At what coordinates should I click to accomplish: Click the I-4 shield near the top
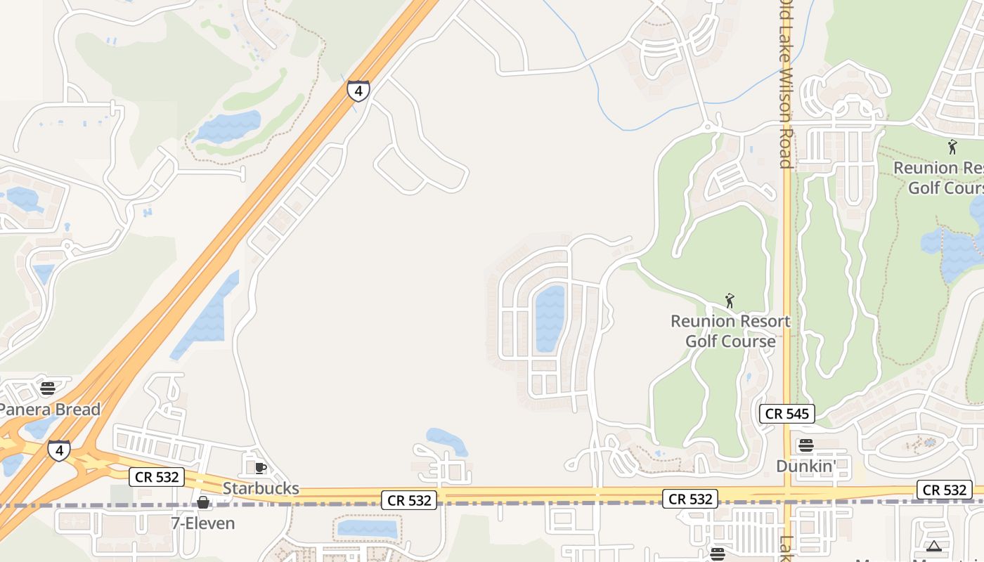point(358,91)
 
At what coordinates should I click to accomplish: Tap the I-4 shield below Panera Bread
point(59,450)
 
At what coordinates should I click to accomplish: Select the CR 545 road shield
point(787,414)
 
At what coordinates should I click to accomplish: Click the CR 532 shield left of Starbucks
point(157,477)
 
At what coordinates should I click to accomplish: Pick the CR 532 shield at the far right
point(945,490)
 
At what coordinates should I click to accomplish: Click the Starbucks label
point(261,488)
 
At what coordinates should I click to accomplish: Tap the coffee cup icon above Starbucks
point(261,469)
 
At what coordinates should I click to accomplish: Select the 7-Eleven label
point(203,523)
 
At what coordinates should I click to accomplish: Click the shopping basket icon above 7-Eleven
point(203,502)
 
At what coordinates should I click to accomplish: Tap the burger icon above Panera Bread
point(48,388)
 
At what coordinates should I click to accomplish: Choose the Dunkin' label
point(806,466)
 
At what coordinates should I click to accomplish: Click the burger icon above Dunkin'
point(806,445)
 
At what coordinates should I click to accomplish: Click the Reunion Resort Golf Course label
point(730,331)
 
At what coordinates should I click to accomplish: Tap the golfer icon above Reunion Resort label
point(730,301)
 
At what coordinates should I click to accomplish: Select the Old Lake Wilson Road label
point(786,84)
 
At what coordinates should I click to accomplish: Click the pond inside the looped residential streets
point(550,318)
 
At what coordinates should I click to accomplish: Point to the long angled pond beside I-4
point(205,315)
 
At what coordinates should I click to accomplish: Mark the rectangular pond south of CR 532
point(367,529)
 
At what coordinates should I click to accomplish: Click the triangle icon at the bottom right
point(934,547)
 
